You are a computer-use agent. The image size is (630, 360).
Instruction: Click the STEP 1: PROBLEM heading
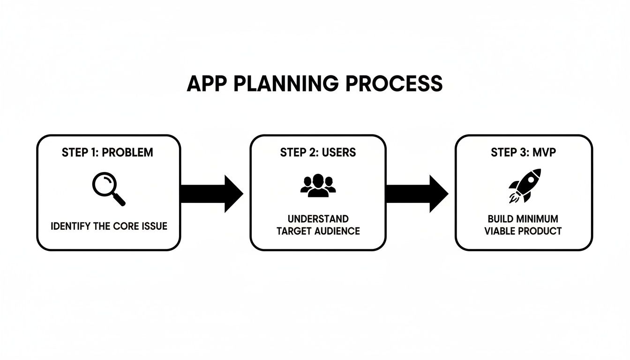pyautogui.click(x=107, y=153)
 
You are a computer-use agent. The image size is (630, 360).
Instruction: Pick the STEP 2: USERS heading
pyautogui.click(x=318, y=152)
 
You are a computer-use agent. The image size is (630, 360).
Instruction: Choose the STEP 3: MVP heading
pyautogui.click(x=523, y=152)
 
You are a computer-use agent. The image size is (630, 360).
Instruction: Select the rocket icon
pyautogui.click(x=525, y=186)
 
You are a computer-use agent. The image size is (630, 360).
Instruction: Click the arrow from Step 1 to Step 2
pyautogui.click(x=211, y=194)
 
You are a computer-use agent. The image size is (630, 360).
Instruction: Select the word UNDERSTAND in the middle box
pyautogui.click(x=318, y=219)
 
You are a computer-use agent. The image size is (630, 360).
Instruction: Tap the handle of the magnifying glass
pyautogui.click(x=120, y=200)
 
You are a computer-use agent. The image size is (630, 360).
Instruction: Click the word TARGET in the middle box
pyautogui.click(x=293, y=231)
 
